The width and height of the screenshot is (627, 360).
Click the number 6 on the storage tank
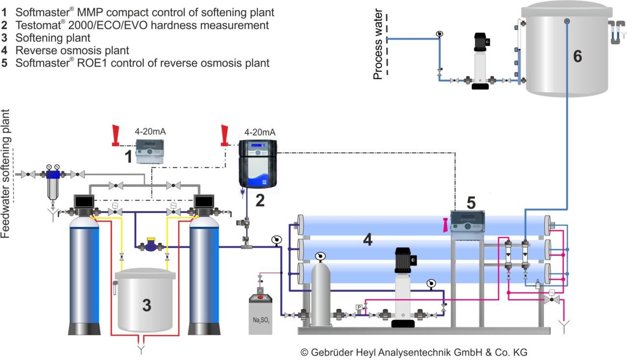[x=578, y=56]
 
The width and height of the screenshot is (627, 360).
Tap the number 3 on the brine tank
[x=146, y=305]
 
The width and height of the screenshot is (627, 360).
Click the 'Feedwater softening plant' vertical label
[x=6, y=174]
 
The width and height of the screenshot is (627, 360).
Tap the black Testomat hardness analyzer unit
[x=258, y=164]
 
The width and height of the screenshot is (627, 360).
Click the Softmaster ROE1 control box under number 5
[x=467, y=221]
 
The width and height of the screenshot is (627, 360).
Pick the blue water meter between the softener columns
[x=150, y=244]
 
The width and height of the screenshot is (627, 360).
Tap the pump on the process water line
[x=480, y=61]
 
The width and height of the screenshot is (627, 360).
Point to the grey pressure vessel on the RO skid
[x=321, y=294]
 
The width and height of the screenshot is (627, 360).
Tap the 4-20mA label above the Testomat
[x=260, y=132]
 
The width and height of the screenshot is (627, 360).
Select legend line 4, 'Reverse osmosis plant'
[x=72, y=50]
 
